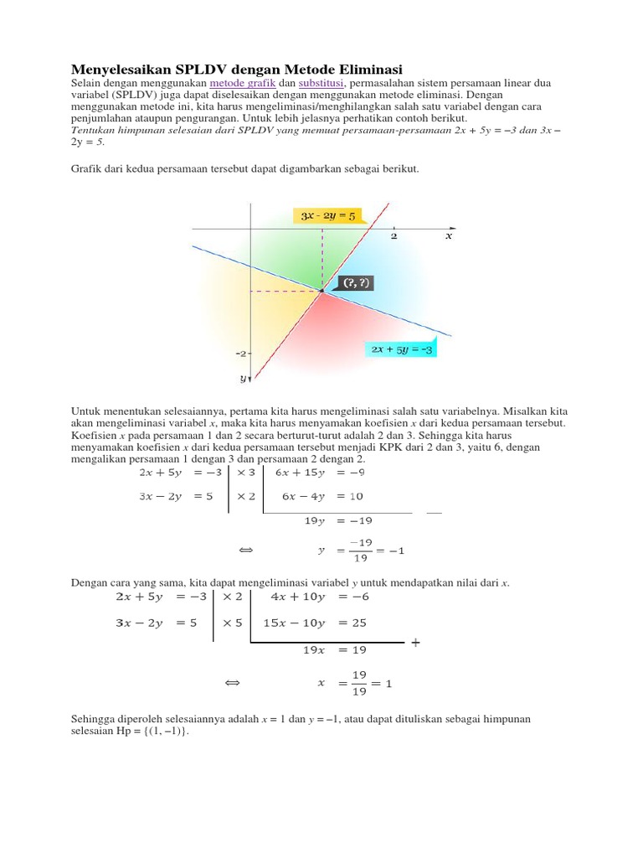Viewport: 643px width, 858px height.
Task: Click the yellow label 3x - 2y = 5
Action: pyautogui.click(x=328, y=215)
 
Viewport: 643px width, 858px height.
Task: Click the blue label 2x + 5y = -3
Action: pyautogui.click(x=401, y=349)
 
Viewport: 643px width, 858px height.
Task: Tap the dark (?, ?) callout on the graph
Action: pyautogui.click(x=351, y=283)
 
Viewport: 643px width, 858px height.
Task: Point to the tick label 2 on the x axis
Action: pyautogui.click(x=394, y=236)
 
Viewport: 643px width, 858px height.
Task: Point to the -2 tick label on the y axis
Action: pyautogui.click(x=240, y=354)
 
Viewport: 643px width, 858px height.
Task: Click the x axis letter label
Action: pyautogui.click(x=448, y=236)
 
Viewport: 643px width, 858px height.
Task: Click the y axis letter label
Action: pyautogui.click(x=242, y=380)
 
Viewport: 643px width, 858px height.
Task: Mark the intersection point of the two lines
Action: pyautogui.click(x=321, y=291)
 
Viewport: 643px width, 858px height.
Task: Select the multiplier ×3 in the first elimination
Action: pyautogui.click(x=245, y=473)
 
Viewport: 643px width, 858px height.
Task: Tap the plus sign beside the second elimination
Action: pyautogui.click(x=414, y=643)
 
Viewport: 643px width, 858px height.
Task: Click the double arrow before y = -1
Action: pyautogui.click(x=245, y=550)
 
